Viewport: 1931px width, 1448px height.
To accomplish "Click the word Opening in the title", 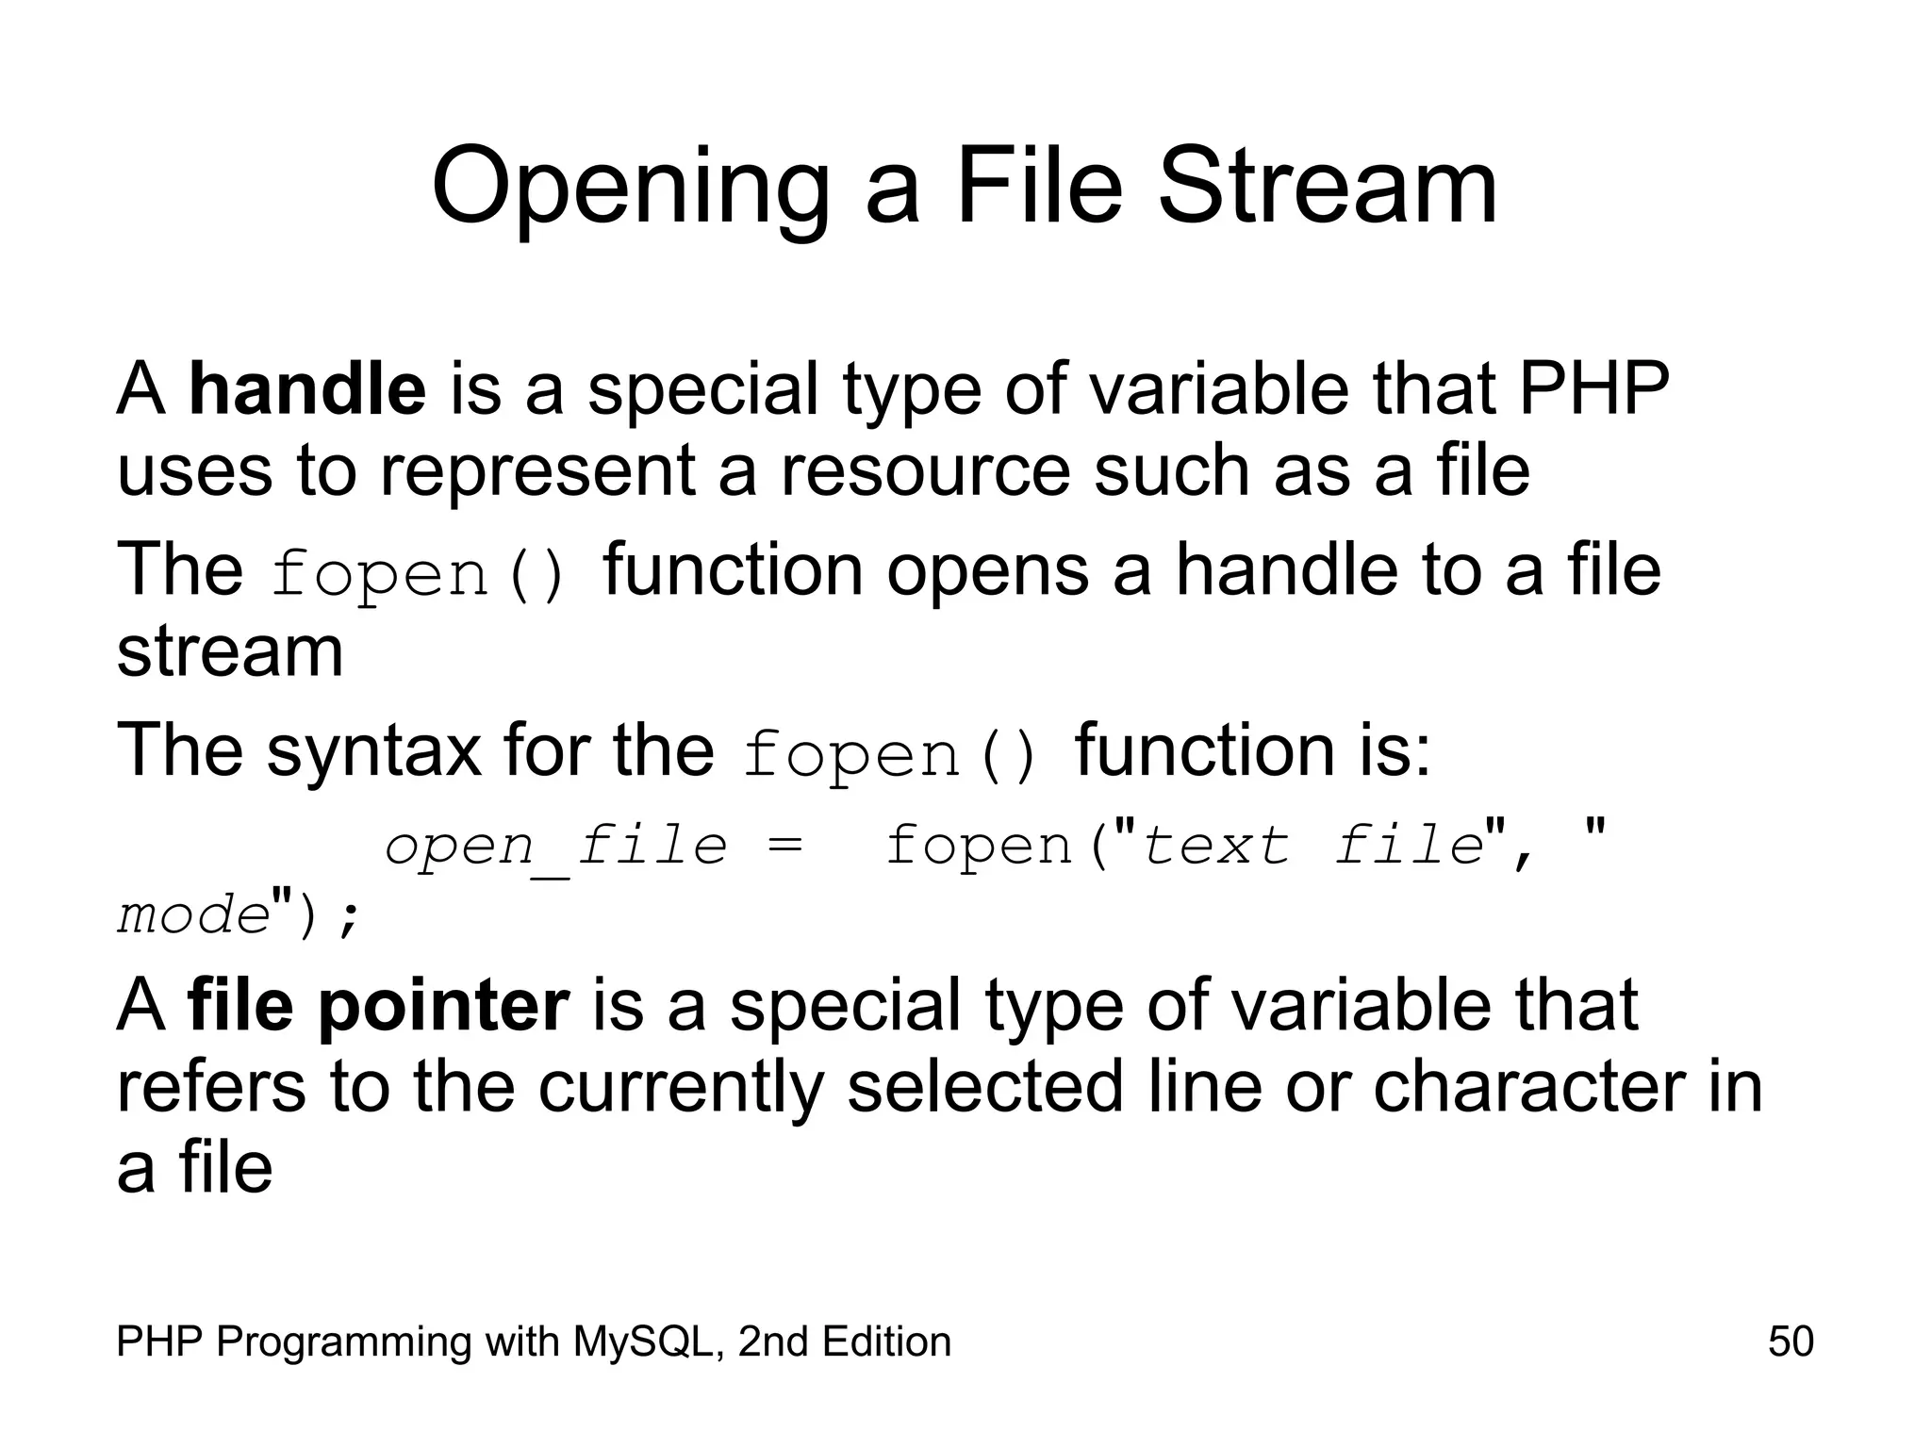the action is [x=630, y=189].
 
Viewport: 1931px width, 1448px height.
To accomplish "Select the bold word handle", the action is [x=307, y=388].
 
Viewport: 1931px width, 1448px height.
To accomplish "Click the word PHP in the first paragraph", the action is [x=1593, y=388].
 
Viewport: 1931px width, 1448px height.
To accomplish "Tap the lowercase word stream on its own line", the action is [x=230, y=651].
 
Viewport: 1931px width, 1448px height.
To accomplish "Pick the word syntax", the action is [x=373, y=750].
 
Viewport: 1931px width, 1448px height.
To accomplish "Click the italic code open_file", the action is [x=556, y=846].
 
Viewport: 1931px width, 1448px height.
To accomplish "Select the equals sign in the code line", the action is [x=784, y=846].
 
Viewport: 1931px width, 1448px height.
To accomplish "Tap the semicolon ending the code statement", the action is [x=349, y=916].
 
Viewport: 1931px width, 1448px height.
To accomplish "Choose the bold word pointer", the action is [x=443, y=1005].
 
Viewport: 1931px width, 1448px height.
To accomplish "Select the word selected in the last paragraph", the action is [x=985, y=1087].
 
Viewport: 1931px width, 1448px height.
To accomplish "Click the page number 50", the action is [x=1791, y=1341].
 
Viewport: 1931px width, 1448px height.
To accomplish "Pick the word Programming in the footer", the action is [x=342, y=1341].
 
